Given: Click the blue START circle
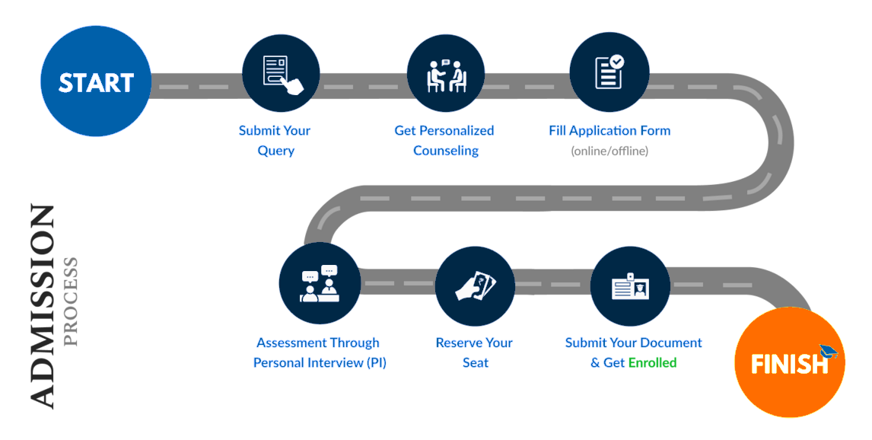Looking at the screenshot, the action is coord(96,81).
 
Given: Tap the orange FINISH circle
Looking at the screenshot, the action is coord(790,362).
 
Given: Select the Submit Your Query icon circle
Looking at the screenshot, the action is coord(281,73).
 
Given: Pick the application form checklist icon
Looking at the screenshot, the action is coord(609,72).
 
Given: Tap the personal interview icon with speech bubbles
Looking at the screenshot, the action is coord(320,284).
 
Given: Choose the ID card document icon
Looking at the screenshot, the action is coord(631,286).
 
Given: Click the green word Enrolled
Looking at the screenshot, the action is coord(652,362).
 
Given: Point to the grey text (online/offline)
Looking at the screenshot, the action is coord(609,151).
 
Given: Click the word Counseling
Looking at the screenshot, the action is coord(446,151).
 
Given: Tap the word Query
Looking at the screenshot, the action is coord(276,151).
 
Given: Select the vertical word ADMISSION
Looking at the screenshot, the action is coord(43,307).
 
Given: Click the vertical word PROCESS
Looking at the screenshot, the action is coord(71,302).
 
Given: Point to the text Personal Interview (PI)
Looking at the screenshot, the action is coord(320,362).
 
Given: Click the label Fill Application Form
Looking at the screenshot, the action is coord(609,131).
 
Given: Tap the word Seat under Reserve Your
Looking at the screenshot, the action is coord(476,362).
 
